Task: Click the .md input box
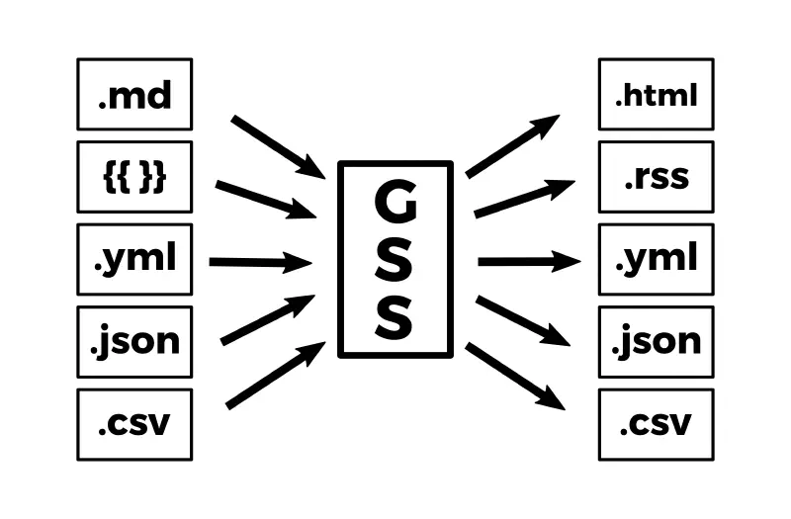pos(134,95)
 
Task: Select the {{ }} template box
pos(134,178)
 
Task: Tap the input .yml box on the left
pos(134,260)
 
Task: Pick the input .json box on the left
pos(134,342)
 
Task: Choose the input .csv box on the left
pos(134,424)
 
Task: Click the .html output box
pos(656,95)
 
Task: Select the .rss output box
pos(656,178)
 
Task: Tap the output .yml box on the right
pos(656,260)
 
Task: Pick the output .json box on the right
pos(656,342)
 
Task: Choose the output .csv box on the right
pos(656,424)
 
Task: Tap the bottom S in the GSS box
pos(395,317)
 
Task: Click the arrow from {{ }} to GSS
pos(265,199)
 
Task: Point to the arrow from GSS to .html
pos(512,146)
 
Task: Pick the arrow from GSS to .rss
pos(524,198)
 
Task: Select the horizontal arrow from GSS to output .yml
pos(528,261)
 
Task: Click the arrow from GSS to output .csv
pos(514,376)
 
